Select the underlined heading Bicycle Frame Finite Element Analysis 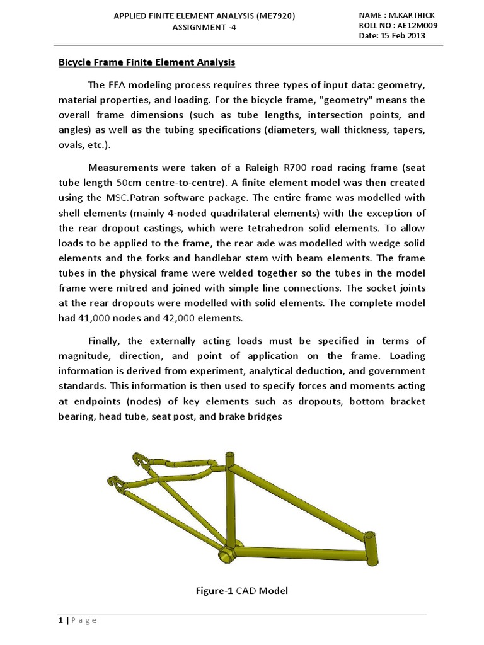147,62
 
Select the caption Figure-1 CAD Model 242,590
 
